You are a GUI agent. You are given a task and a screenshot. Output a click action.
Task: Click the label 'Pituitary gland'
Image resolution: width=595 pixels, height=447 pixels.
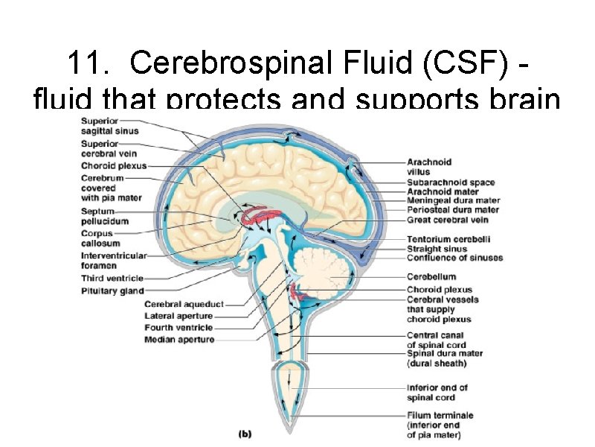112,291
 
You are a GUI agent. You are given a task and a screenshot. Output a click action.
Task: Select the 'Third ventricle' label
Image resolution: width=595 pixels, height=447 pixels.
112,279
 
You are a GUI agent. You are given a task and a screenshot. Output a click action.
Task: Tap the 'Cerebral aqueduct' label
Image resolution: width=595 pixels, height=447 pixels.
184,304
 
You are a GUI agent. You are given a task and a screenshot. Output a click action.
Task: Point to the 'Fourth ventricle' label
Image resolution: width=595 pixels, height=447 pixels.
178,328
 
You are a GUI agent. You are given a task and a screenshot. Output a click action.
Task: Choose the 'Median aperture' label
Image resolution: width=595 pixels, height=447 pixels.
179,340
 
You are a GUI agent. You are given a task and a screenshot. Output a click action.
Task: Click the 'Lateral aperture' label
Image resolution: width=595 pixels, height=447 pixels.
178,316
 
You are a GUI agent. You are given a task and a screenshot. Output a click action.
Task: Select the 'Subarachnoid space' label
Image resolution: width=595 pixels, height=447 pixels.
450,183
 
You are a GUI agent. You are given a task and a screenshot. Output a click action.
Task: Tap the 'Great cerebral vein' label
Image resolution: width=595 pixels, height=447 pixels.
448,220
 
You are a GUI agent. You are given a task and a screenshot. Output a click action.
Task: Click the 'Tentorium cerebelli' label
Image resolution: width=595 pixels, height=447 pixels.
448,239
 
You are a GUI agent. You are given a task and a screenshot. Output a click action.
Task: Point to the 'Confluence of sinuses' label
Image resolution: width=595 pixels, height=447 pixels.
454,258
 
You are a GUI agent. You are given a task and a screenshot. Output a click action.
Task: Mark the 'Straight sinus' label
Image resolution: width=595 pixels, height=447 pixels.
437,249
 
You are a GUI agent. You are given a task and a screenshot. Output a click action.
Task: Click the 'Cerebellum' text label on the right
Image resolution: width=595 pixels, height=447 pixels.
431,276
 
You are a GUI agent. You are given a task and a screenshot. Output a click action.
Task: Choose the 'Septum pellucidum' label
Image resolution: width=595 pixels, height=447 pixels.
105,216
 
